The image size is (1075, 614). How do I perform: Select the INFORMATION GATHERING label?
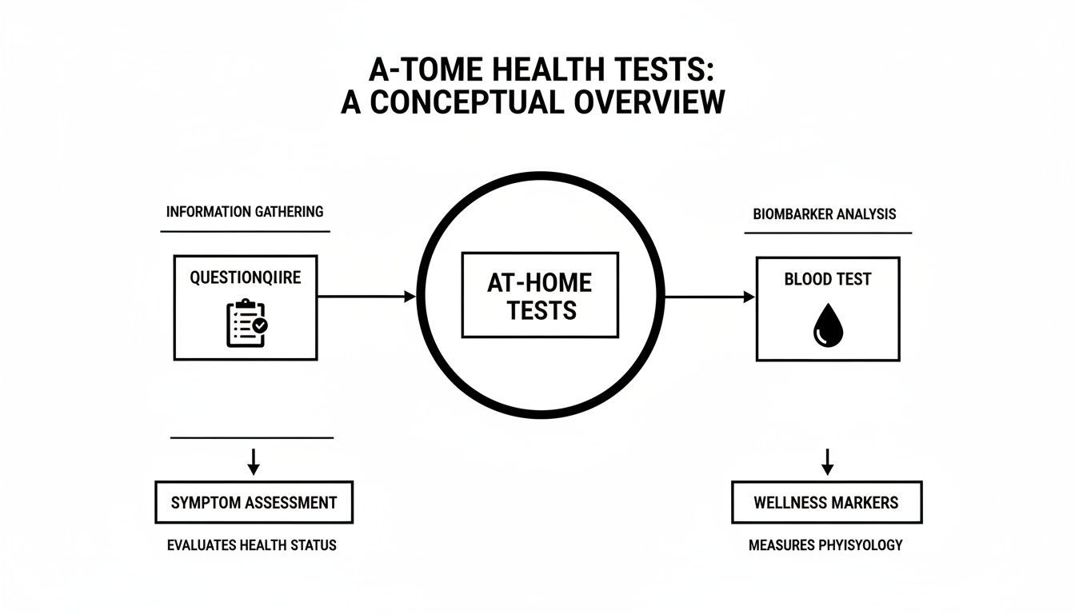click(x=245, y=212)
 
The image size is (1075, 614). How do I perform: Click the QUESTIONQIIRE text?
click(x=246, y=277)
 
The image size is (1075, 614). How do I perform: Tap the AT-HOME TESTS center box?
click(x=540, y=295)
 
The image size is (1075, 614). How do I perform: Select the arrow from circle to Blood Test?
click(x=709, y=297)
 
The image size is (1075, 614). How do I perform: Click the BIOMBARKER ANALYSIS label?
click(x=825, y=214)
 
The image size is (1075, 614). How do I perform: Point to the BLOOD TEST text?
click(x=828, y=280)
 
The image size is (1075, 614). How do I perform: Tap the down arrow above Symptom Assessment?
click(x=253, y=460)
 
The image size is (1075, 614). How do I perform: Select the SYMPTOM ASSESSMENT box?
click(x=254, y=503)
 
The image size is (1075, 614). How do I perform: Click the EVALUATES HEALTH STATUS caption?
click(x=252, y=545)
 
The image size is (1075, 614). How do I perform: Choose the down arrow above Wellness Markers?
click(x=828, y=461)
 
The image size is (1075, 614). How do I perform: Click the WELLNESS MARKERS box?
click(x=826, y=503)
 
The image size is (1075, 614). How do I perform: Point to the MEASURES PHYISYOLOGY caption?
click(x=825, y=545)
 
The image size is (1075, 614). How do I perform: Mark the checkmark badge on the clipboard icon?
click(x=259, y=326)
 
